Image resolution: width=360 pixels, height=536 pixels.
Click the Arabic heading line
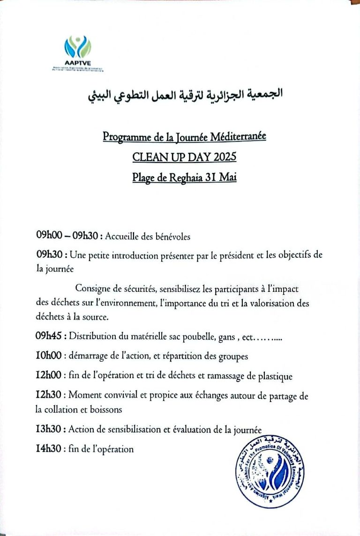click(185, 95)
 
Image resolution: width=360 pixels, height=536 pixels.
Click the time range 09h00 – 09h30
click(67, 237)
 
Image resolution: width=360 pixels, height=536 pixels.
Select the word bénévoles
click(172, 237)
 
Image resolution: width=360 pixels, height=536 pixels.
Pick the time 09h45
click(50, 336)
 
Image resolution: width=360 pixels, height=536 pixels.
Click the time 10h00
click(49, 356)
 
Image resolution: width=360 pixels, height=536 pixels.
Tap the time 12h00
click(49, 376)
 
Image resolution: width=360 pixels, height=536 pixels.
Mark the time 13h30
click(49, 429)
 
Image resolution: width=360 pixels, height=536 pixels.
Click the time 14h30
click(49, 449)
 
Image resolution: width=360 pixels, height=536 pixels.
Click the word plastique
click(276, 376)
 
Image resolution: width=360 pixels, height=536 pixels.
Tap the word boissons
click(106, 409)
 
